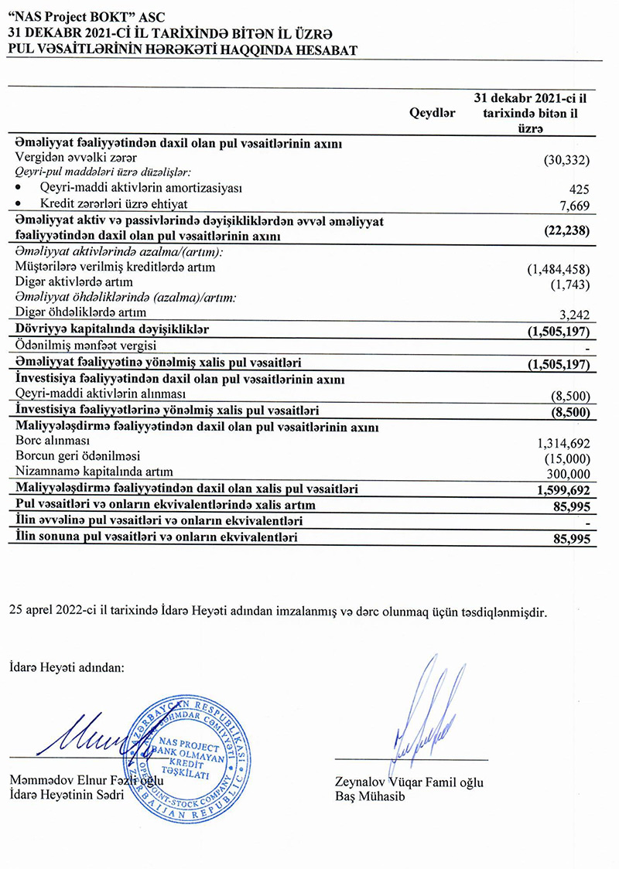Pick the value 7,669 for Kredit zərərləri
click(573, 205)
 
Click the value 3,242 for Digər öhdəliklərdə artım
click(573, 315)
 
